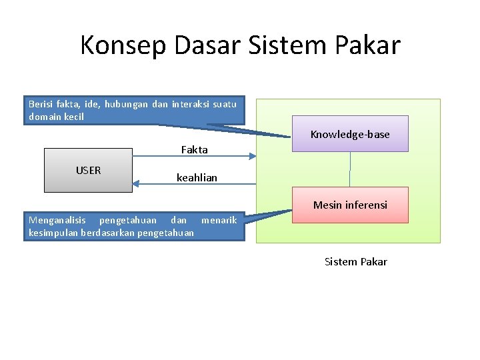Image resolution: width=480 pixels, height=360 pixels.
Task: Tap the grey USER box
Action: pos(88,171)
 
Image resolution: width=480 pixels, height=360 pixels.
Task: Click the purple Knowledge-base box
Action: pos(350,134)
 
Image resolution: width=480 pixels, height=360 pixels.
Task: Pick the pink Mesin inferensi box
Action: pos(350,205)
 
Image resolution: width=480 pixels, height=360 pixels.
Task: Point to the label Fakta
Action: pos(195,150)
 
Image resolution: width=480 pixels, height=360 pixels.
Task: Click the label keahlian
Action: pos(197,178)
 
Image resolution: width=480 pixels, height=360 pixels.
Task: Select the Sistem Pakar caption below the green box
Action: pos(355,261)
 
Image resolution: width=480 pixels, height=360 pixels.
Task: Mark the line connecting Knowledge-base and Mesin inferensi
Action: pos(350,169)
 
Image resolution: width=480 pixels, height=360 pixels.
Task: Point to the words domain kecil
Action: pos(57,117)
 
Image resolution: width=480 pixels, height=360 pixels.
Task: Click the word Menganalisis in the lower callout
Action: pos(57,220)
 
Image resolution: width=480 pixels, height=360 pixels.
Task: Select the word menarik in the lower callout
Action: pos(219,220)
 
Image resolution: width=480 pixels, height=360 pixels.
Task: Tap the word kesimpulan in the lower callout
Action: pos(53,233)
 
